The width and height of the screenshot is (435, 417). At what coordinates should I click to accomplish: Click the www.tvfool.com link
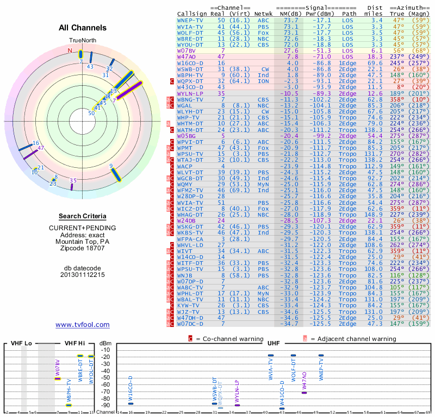83,325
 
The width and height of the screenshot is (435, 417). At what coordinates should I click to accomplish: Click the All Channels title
83,28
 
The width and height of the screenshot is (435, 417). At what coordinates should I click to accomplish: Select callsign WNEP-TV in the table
190,20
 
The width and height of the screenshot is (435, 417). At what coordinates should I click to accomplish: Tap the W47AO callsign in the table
187,56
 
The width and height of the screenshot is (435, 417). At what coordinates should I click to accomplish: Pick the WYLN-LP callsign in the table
190,93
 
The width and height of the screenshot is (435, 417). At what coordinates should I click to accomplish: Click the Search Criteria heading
83,216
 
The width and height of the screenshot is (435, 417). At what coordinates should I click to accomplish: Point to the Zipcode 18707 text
83,248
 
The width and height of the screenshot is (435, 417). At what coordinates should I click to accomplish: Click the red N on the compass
70,51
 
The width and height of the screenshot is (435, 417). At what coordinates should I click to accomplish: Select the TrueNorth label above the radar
82,41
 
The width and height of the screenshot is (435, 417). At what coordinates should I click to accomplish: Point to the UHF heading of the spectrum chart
274,344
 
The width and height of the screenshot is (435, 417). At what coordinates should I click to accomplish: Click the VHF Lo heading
21,344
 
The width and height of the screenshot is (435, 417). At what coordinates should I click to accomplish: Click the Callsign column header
192,14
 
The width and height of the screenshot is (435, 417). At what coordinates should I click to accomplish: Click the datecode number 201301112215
83,275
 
